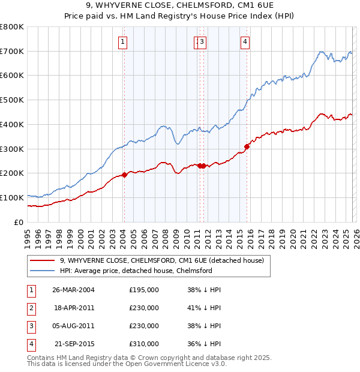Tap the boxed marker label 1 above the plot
pos(122,41)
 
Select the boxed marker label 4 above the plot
pos(246,41)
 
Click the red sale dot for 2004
pos(124,175)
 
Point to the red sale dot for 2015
pos(247,146)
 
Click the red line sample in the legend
pos(42,260)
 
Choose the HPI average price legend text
pos(136,271)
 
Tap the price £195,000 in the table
pos(144,289)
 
